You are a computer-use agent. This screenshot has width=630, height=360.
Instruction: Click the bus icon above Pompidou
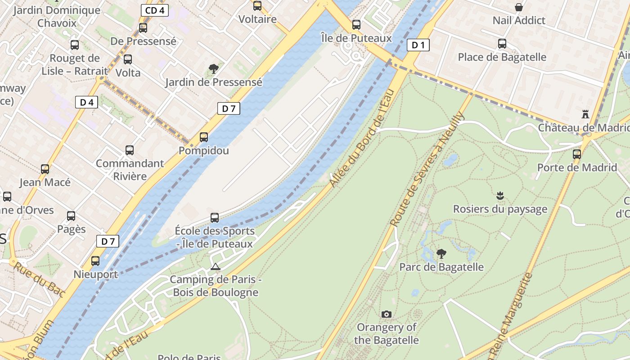(204, 137)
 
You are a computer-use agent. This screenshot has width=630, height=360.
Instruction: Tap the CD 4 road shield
(155, 10)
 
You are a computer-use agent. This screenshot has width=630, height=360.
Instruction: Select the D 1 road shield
(418, 45)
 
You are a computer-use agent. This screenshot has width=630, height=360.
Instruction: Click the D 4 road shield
(86, 103)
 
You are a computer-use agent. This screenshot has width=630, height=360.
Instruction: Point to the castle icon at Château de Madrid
(585, 114)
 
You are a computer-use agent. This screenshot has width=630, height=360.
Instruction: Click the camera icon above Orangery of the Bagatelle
(386, 314)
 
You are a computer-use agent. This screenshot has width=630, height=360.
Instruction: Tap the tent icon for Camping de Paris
(216, 266)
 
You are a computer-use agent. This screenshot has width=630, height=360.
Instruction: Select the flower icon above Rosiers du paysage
(499, 196)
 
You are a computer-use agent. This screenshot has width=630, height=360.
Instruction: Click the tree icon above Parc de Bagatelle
(441, 254)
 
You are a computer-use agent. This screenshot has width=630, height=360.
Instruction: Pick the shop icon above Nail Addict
(519, 7)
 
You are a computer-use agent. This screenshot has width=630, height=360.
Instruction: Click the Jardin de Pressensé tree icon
(214, 69)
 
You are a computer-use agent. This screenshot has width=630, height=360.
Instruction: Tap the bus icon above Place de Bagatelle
(502, 44)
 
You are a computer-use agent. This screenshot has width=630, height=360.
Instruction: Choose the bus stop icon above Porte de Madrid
(576, 154)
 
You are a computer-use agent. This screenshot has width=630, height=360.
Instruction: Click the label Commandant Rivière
(130, 170)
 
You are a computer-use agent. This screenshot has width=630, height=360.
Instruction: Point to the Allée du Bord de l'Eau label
(362, 139)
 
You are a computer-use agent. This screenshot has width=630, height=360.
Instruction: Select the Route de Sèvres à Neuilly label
(427, 169)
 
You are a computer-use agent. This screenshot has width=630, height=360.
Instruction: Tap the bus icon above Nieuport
(95, 261)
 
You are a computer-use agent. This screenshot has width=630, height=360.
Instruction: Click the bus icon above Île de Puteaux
(356, 25)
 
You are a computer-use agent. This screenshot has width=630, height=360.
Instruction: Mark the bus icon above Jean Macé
(45, 169)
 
